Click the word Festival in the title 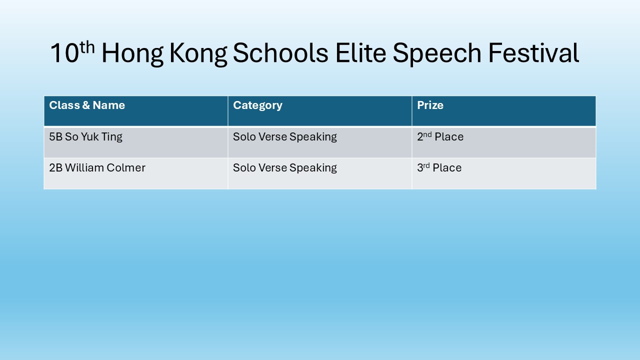[533, 53]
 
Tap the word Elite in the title [361, 53]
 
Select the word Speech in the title [437, 54]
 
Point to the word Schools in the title [280, 53]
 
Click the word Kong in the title [198, 54]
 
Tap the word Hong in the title [132, 54]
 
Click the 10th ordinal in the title [72, 52]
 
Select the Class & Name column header [87, 105]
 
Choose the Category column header [257, 105]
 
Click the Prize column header [430, 105]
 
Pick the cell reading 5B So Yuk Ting [85, 137]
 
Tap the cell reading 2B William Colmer [97, 167]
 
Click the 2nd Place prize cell [440, 136]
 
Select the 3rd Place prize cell [439, 167]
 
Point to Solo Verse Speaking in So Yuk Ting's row [285, 137]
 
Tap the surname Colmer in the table [126, 167]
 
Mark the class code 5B [55, 137]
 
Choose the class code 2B [55, 167]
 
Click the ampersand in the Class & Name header [86, 105]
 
